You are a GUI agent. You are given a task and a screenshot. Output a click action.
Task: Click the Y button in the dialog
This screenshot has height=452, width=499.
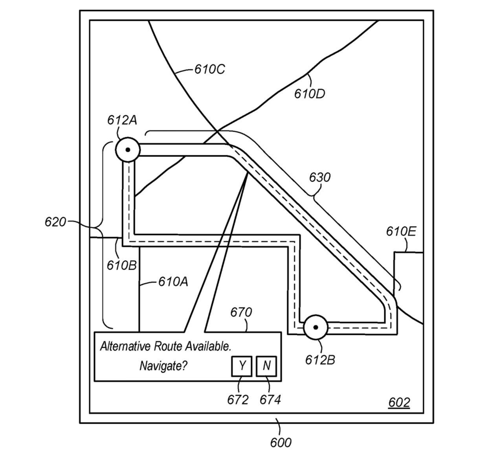coord(242,366)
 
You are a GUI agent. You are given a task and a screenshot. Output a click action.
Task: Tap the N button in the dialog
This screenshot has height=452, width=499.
coord(266,366)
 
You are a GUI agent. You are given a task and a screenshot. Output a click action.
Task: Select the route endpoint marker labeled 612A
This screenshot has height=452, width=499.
coord(128,150)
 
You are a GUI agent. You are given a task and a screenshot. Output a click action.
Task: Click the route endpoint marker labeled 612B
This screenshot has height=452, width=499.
coord(316,327)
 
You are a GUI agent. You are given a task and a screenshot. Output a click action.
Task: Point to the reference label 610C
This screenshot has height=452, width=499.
coord(210,69)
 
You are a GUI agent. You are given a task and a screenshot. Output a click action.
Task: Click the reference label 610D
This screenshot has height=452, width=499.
coord(310,94)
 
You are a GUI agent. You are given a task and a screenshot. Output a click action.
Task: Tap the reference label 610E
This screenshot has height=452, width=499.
coord(401,232)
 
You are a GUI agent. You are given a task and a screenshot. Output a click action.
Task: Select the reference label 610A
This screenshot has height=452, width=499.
coord(173,282)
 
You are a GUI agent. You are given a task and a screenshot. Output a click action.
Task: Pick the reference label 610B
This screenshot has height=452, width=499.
coord(122,266)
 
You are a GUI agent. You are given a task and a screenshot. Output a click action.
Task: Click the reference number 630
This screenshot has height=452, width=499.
coord(320,178)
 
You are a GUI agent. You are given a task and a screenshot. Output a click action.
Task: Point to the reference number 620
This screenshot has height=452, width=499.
coord(55,222)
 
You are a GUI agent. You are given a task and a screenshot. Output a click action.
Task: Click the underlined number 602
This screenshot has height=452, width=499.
coord(399,402)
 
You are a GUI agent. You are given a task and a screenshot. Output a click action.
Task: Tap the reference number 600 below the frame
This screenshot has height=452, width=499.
coord(281,443)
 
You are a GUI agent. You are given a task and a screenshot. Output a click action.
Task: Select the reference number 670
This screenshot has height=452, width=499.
coord(241,312)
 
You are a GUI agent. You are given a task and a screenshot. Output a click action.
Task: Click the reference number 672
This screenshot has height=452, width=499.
coord(238,400)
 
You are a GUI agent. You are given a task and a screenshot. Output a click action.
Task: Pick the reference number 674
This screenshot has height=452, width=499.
coord(270,400)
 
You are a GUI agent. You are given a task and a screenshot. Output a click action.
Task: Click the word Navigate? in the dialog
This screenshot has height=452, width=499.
coord(163,366)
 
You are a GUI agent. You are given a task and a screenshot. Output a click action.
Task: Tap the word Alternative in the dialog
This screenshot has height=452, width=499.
coord(126,346)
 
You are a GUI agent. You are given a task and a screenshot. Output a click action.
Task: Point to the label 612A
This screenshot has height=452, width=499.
coord(122,120)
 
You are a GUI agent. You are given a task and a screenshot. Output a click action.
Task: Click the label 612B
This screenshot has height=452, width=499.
coord(320,360)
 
